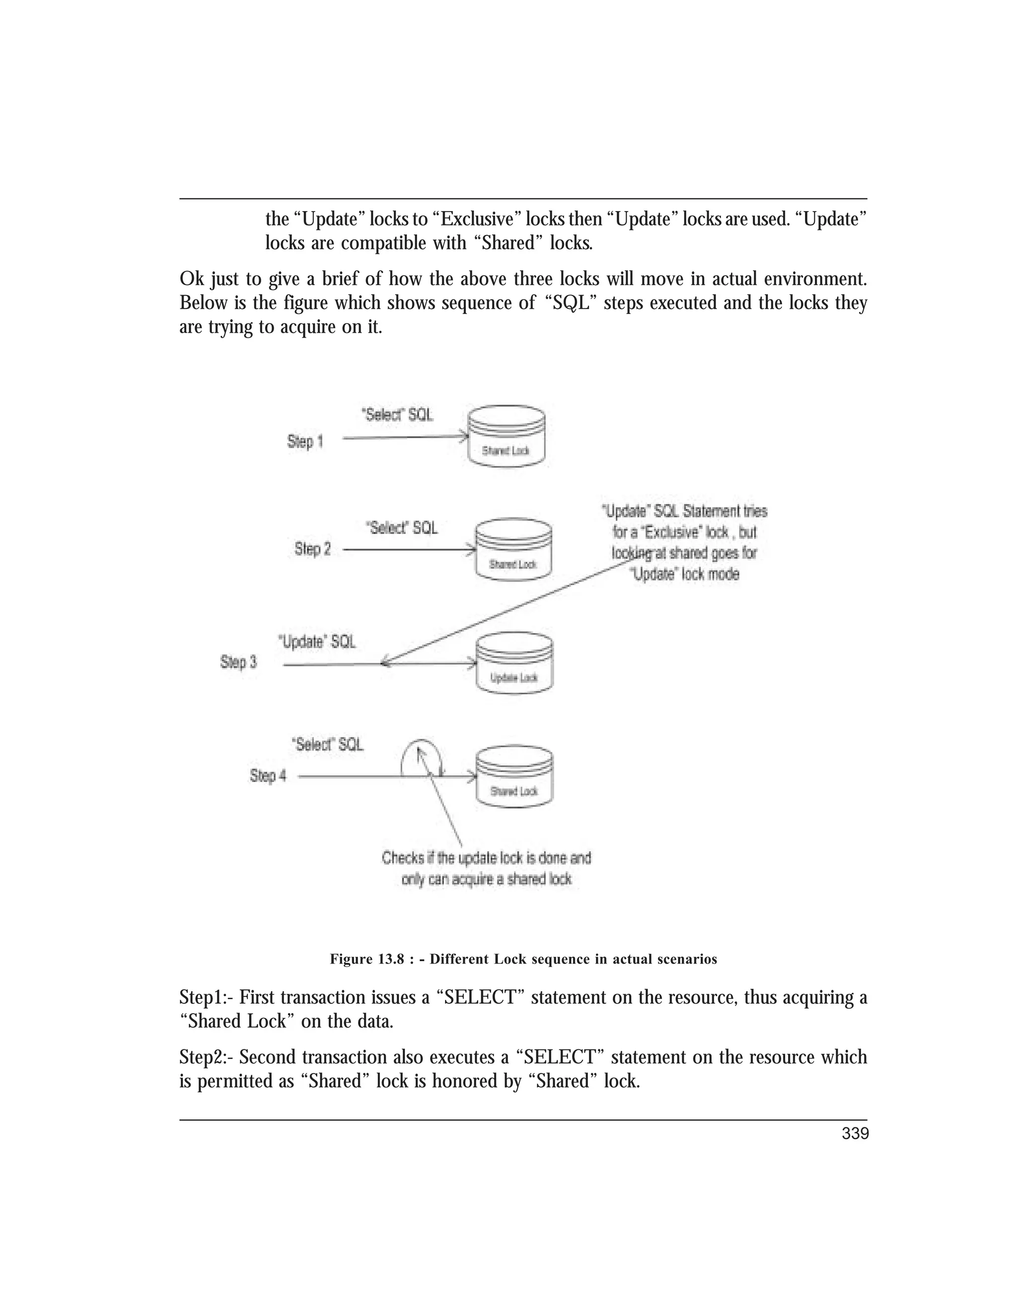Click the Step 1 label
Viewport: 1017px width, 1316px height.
tap(305, 441)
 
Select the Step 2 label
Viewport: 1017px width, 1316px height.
tap(312, 549)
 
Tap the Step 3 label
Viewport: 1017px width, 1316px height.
tap(238, 661)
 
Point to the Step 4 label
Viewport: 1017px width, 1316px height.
tap(268, 776)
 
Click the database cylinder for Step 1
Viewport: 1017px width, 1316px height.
tap(506, 436)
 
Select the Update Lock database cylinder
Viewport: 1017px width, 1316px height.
tap(514, 663)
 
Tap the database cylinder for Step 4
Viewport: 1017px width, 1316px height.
tap(514, 777)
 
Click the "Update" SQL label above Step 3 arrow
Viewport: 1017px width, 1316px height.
tap(317, 642)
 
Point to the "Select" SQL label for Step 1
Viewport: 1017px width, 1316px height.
tap(396, 415)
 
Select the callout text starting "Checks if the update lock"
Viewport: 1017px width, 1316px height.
tap(486, 868)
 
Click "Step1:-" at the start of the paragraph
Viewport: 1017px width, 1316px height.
tap(207, 998)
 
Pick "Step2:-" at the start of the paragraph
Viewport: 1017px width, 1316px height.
tap(207, 1057)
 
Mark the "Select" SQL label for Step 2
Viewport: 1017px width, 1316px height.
tap(401, 528)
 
